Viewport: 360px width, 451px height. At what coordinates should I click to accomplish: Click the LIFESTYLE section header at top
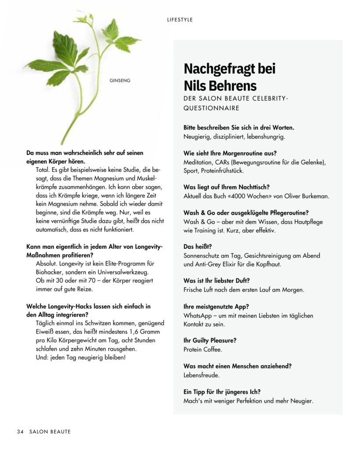pyautogui.click(x=180, y=20)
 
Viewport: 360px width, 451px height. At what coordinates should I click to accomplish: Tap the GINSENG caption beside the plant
pyautogui.click(x=120, y=80)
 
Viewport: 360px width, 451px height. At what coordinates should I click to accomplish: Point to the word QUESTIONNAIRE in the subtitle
pyautogui.click(x=211, y=107)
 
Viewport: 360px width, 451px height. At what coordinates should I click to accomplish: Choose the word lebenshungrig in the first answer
pyautogui.click(x=266, y=137)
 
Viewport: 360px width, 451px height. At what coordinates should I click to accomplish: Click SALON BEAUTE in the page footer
pyautogui.click(x=50, y=432)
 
